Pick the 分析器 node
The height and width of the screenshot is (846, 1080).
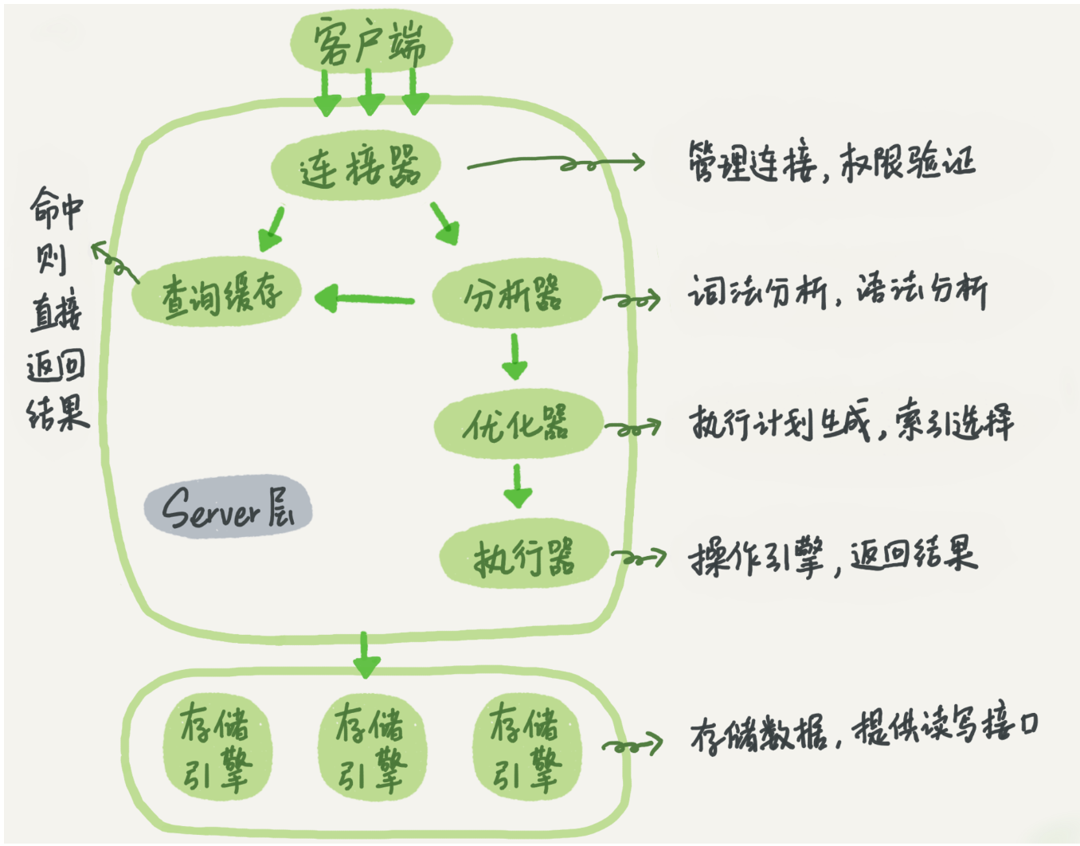(x=515, y=294)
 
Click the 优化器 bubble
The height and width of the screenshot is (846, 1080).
(x=517, y=424)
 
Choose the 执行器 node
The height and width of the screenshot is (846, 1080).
(x=523, y=556)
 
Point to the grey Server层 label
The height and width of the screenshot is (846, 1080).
(x=228, y=507)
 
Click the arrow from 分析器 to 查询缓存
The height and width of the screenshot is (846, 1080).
(x=365, y=300)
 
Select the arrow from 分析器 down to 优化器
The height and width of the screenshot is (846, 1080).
(x=515, y=356)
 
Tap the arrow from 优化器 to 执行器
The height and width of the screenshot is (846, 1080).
(x=518, y=485)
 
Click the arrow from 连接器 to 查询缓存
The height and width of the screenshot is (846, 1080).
(x=272, y=229)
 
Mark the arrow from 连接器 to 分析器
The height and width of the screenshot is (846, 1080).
(x=444, y=224)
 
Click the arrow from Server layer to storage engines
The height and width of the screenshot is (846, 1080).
(x=366, y=654)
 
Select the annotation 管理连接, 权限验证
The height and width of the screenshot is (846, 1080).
(x=832, y=163)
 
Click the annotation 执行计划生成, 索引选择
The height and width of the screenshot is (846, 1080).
(x=851, y=422)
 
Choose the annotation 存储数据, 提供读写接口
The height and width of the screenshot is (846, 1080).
(x=864, y=730)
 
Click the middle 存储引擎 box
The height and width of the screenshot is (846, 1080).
(x=370, y=747)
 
